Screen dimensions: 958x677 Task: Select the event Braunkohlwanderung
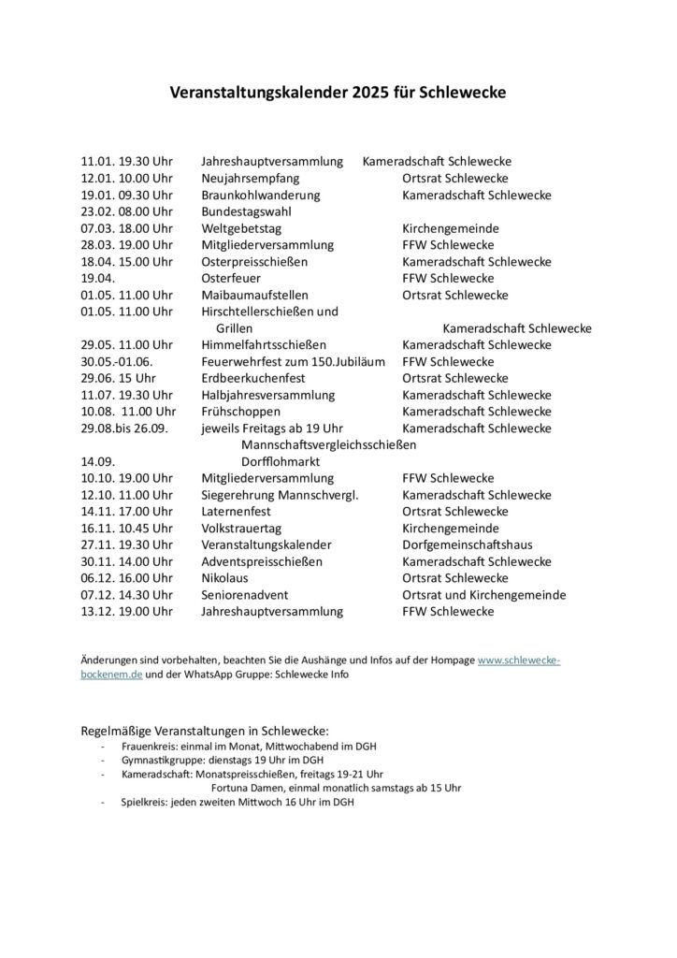click(260, 196)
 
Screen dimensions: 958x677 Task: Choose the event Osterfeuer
click(231, 279)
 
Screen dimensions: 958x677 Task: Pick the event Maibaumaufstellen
click(254, 296)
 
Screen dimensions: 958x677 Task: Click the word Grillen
click(234, 328)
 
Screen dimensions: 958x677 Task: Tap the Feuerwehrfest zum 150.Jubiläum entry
click(293, 362)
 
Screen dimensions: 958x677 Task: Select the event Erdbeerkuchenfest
click(256, 378)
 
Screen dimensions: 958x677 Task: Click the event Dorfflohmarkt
click(281, 461)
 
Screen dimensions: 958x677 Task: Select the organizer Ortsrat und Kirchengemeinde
click(483, 595)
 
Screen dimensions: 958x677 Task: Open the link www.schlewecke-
click(519, 660)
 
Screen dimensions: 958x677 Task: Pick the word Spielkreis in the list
click(141, 803)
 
